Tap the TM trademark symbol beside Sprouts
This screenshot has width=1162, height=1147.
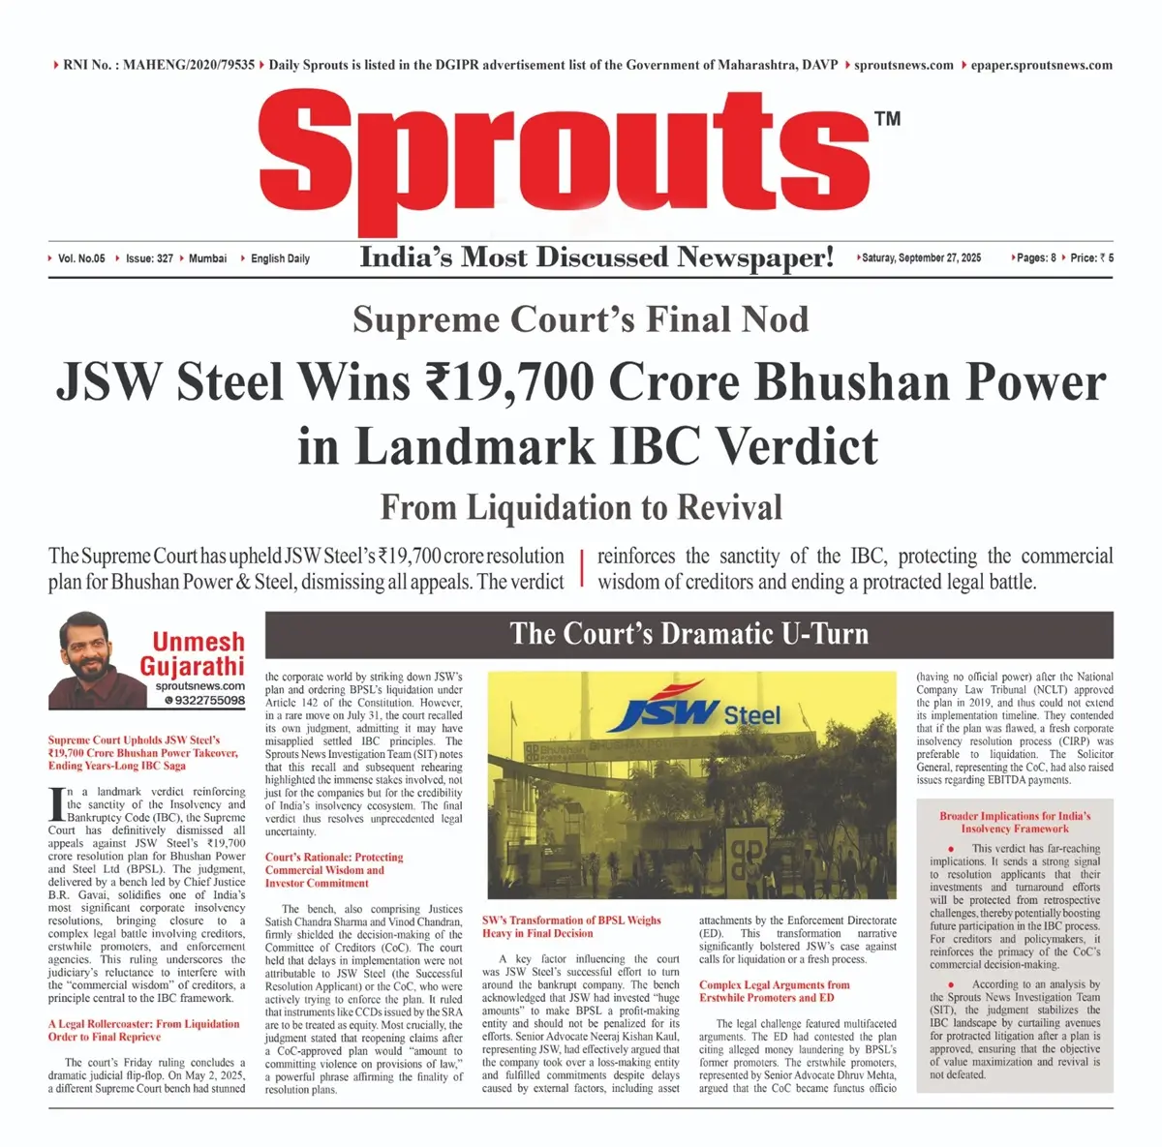click(x=887, y=119)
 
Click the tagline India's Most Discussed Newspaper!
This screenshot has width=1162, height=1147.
click(x=596, y=257)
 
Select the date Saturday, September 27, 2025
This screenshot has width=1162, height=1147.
click(x=921, y=258)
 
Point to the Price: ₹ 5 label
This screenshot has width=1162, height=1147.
click(x=1091, y=258)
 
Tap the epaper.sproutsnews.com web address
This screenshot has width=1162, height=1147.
click(x=1041, y=65)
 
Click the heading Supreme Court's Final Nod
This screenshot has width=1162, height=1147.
click(x=580, y=319)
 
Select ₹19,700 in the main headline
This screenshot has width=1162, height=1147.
click(x=509, y=381)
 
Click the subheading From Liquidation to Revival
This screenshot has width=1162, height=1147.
click(x=581, y=507)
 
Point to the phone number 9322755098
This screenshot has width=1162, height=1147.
click(x=204, y=700)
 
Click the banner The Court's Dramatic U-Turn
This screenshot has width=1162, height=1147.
click(x=688, y=634)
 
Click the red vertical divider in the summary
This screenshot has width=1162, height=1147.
click(x=581, y=568)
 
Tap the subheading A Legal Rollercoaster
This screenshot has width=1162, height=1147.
click(x=143, y=1030)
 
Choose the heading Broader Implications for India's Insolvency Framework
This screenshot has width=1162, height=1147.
click(x=1015, y=822)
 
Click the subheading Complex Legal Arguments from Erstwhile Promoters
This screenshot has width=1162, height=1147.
click(x=774, y=991)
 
